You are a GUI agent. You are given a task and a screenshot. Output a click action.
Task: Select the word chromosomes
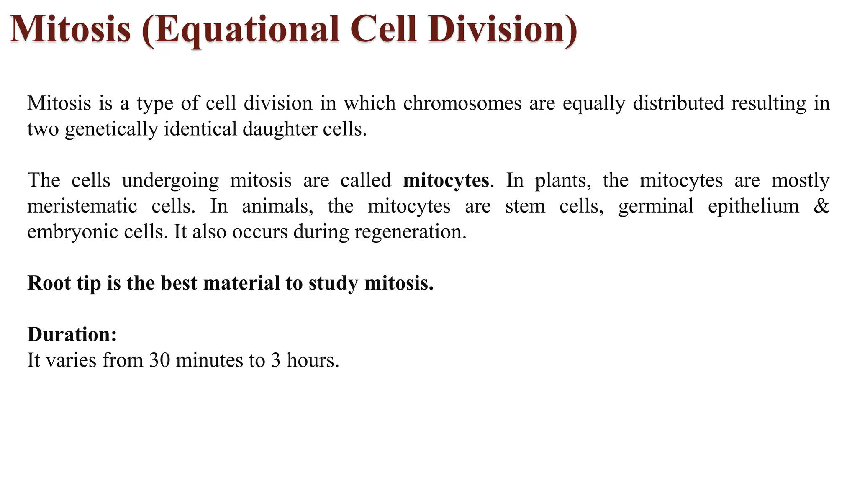[x=462, y=103]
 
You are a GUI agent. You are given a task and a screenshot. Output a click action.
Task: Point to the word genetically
[x=111, y=129]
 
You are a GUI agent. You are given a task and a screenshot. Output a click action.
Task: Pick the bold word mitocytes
[x=446, y=180]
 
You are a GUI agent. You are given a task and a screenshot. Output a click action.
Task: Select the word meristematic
[x=82, y=206]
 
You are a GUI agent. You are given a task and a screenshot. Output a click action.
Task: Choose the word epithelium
[x=753, y=206]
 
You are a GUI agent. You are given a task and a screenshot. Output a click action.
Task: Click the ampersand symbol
[x=821, y=206]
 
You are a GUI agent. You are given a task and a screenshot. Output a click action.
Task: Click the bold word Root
[x=49, y=283]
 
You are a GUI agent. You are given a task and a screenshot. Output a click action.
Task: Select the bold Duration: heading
[x=72, y=334]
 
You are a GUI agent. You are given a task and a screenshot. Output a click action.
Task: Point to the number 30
[x=159, y=360]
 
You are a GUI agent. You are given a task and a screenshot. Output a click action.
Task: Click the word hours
[x=313, y=360]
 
